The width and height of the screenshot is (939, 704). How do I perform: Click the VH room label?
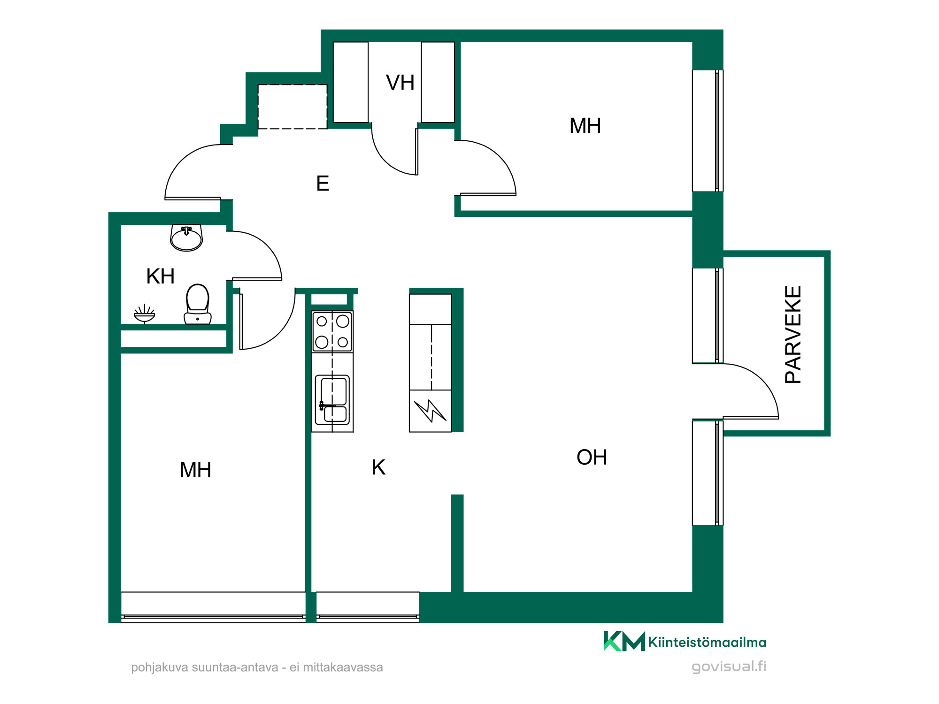click(x=400, y=83)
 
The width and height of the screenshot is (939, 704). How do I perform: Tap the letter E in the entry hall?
click(x=323, y=183)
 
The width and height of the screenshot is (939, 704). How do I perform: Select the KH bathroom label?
click(x=160, y=276)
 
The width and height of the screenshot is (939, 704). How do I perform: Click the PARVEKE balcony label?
click(x=793, y=334)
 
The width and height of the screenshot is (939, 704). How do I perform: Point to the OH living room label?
click(x=592, y=457)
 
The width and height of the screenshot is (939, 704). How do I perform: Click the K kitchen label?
click(x=378, y=467)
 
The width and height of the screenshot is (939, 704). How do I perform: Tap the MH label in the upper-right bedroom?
click(x=585, y=126)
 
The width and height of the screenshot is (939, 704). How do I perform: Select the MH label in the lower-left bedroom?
click(x=195, y=470)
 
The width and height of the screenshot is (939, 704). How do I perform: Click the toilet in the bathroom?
click(x=198, y=304)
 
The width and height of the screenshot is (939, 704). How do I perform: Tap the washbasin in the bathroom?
click(x=186, y=237)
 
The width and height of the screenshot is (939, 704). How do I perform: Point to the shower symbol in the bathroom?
click(x=144, y=314)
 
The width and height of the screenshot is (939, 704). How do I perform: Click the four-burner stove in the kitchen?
click(x=332, y=331)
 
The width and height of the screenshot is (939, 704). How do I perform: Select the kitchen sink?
click(x=332, y=399)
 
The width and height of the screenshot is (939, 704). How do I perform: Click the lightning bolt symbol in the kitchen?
click(x=430, y=411)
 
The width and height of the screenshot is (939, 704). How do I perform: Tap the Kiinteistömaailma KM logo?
click(x=685, y=641)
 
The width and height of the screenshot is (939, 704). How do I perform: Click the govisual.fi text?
click(x=729, y=666)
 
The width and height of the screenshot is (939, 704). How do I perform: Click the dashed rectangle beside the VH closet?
click(x=292, y=107)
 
